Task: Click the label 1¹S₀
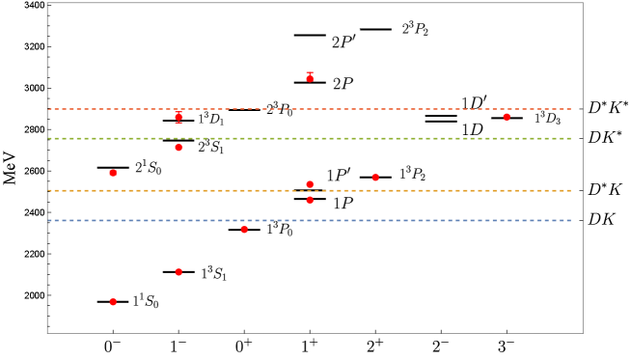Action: pos(146,302)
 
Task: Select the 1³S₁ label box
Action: pos(213,275)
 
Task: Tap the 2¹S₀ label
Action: pos(148,168)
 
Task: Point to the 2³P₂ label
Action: pos(415,30)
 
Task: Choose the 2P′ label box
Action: pos(343,42)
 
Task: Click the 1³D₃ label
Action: pos(547,119)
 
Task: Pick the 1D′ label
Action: pos(473,103)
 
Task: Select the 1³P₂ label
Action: pos(412,174)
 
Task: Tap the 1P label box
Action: pos(343,205)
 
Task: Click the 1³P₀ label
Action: pos(279,230)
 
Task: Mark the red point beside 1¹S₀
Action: pos(113,302)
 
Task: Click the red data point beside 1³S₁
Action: pos(178,272)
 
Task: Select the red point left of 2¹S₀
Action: pos(113,173)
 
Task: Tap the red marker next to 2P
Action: pos(310,77)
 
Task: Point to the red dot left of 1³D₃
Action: pos(507,117)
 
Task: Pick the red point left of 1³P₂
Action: pos(375,178)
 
